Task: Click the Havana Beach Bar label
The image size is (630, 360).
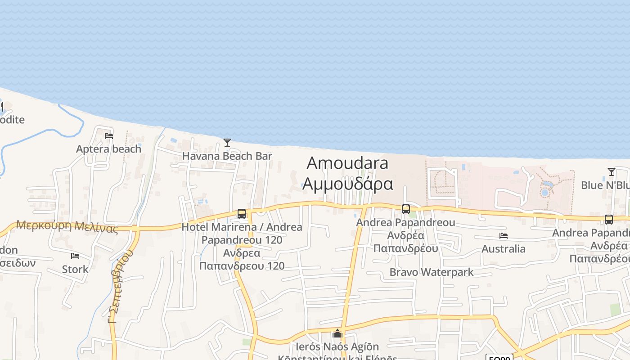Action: pyautogui.click(x=227, y=156)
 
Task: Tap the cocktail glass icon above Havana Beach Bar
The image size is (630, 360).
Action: pyautogui.click(x=227, y=143)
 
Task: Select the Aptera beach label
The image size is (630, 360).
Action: pyautogui.click(x=108, y=149)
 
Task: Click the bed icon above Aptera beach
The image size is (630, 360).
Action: pyautogui.click(x=108, y=135)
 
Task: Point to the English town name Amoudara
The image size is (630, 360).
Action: pyautogui.click(x=347, y=163)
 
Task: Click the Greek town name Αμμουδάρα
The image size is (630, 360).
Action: pyautogui.click(x=347, y=184)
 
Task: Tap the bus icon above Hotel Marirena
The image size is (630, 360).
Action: pyautogui.click(x=242, y=214)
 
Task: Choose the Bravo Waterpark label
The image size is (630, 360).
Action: pyautogui.click(x=431, y=272)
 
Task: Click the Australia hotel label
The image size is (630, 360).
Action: pyautogui.click(x=503, y=249)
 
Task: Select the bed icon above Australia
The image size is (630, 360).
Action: pyautogui.click(x=503, y=236)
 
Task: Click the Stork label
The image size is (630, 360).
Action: pyautogui.click(x=75, y=270)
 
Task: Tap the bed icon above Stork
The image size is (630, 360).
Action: pyautogui.click(x=75, y=256)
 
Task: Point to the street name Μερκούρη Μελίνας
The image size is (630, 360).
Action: pyautogui.click(x=67, y=226)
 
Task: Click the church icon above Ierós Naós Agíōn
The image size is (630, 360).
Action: pyautogui.click(x=337, y=334)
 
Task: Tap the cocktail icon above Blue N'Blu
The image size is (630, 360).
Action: pyautogui.click(x=611, y=172)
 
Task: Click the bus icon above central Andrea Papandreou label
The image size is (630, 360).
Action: pyautogui.click(x=405, y=209)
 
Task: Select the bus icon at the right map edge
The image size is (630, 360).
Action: pyautogui.click(x=608, y=220)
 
